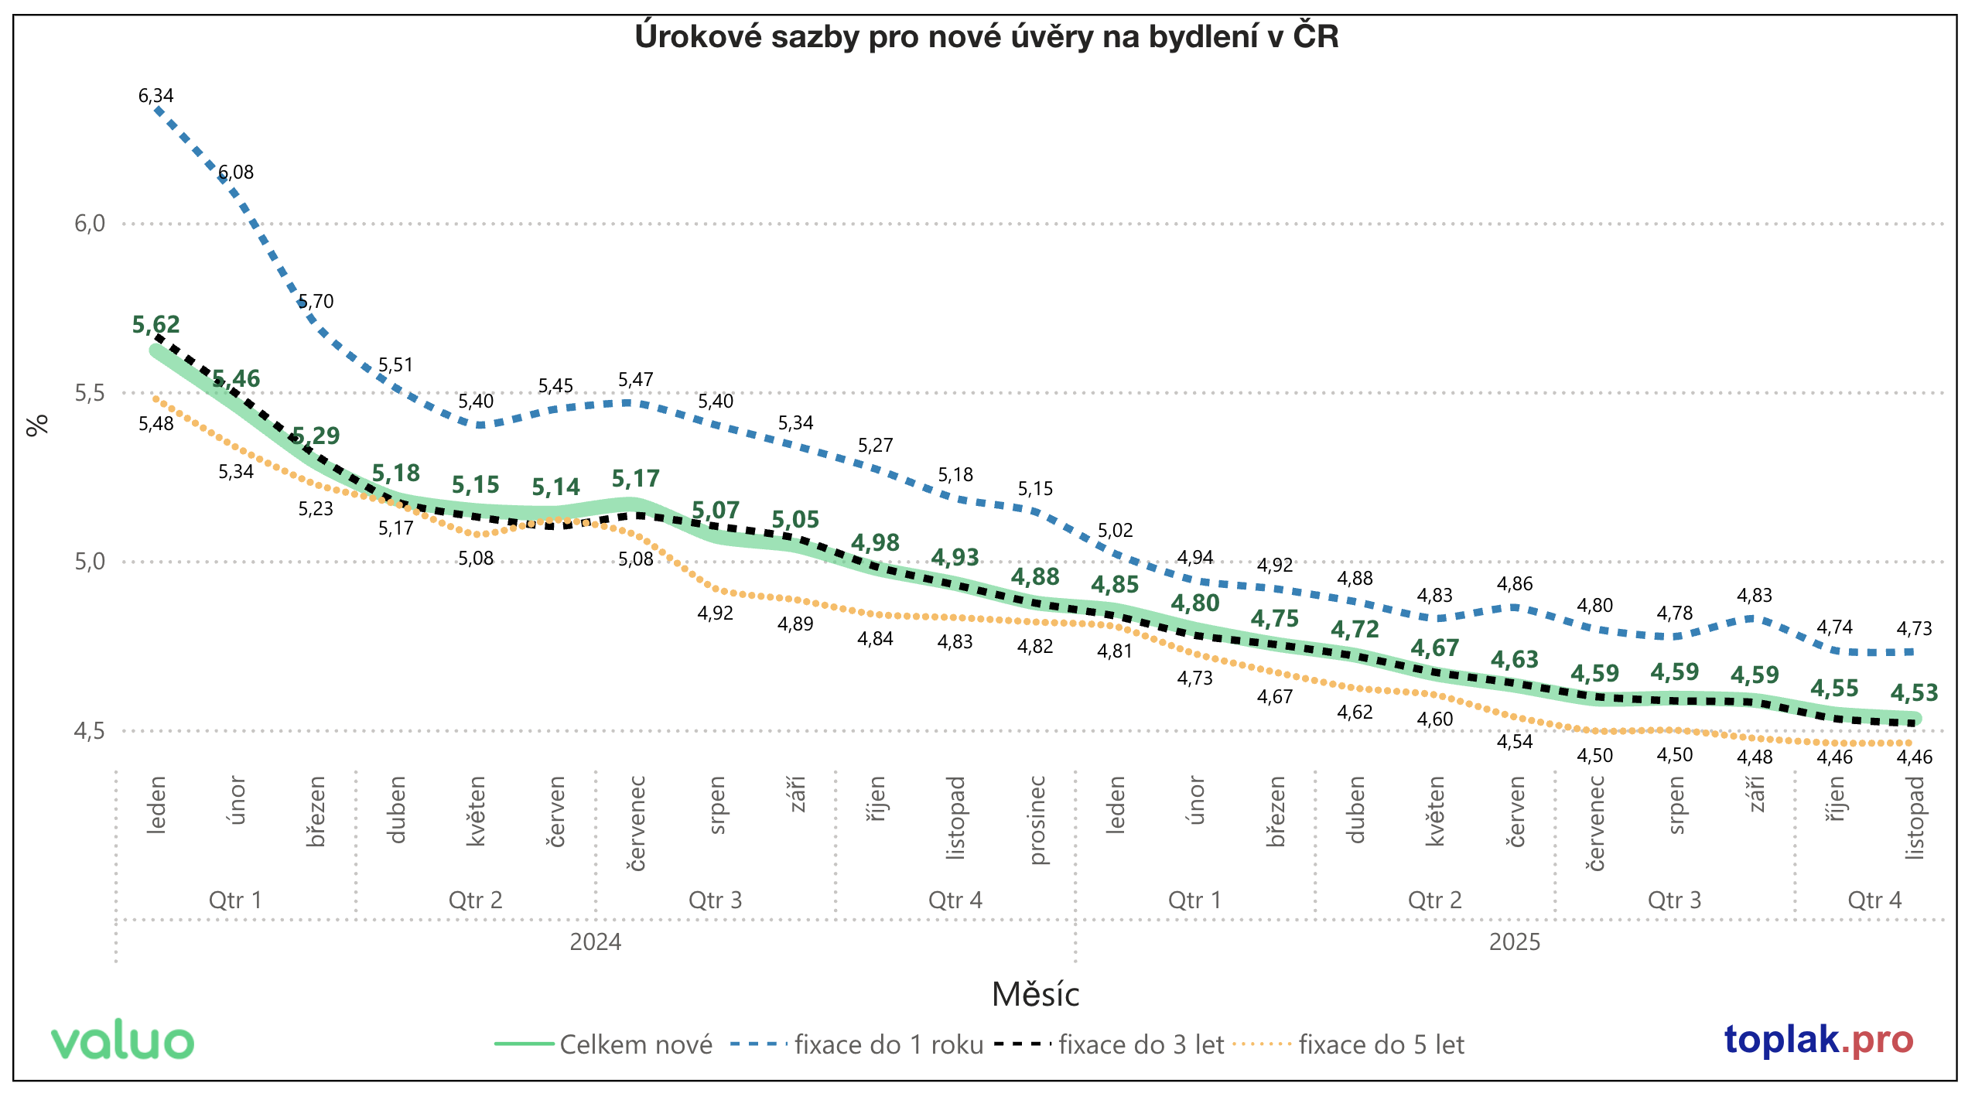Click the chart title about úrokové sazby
click(986, 36)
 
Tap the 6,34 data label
click(155, 96)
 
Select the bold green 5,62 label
click(155, 325)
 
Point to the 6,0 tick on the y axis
click(89, 224)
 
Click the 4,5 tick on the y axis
click(89, 730)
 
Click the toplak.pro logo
click(1818, 1040)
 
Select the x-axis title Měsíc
click(1035, 995)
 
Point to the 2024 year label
click(595, 942)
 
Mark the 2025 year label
click(1515, 942)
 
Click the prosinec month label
click(1037, 820)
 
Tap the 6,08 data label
click(236, 173)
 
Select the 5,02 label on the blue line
click(1115, 531)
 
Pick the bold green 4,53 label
click(1914, 692)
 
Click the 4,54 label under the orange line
click(1515, 742)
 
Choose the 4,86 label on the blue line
click(1515, 584)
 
